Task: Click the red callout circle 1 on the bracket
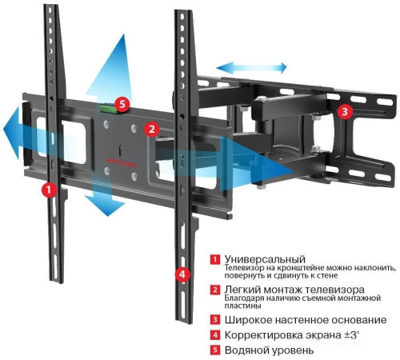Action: coord(49,190)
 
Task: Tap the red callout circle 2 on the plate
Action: coord(151,128)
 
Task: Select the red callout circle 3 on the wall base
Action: coord(344,112)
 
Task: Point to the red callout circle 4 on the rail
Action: coord(182,274)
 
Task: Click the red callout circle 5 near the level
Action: coord(122,103)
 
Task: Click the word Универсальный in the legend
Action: coord(265,260)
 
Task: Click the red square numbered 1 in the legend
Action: coord(214,260)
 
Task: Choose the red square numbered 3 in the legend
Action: coord(214,318)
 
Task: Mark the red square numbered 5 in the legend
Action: coord(214,350)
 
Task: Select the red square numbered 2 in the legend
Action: coord(214,289)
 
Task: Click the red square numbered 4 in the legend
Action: coord(214,334)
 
